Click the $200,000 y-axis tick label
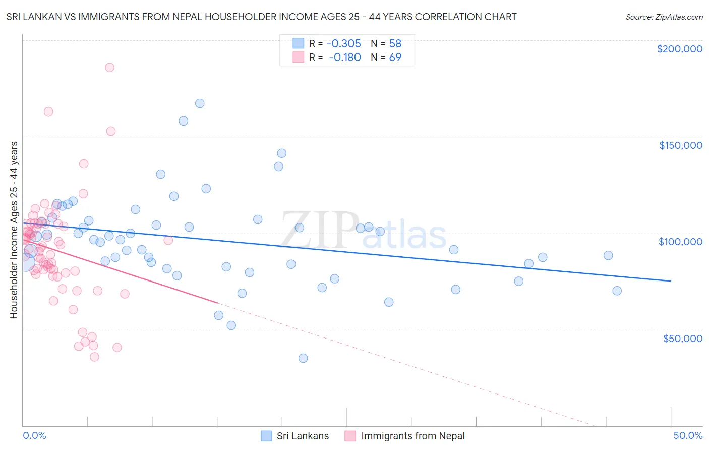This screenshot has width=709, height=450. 679,49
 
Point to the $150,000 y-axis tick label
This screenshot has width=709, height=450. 680,145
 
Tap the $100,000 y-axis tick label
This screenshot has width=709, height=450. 680,242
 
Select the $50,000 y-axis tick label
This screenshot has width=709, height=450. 682,338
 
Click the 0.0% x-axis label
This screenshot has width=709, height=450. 34,435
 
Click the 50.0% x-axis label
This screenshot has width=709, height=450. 688,435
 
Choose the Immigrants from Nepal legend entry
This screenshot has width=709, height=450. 405,436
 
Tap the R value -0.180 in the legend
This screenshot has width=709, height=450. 345,57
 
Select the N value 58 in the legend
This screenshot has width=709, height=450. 395,43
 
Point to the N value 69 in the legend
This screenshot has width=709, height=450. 395,57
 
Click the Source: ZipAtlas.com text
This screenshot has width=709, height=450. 664,17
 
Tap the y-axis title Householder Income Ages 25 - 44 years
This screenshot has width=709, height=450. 14,230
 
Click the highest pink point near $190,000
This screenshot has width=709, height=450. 109,68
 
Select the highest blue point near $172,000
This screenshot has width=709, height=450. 200,103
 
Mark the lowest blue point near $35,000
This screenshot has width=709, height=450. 303,358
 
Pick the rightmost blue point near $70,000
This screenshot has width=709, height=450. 617,291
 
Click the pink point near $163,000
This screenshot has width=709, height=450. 48,111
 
